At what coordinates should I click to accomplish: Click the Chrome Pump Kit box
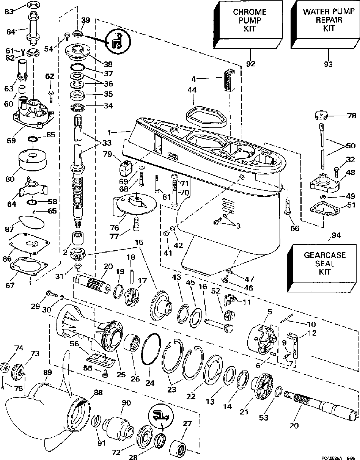tap(248, 24)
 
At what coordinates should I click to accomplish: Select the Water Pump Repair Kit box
tap(325, 24)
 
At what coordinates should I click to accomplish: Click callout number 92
tap(251, 63)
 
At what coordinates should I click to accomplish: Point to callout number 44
tap(192, 90)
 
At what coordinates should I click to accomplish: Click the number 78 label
tap(351, 116)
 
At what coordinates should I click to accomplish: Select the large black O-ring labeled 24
tap(151, 349)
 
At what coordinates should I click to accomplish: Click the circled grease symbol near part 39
tap(118, 41)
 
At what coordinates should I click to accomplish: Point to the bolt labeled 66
tap(287, 207)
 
